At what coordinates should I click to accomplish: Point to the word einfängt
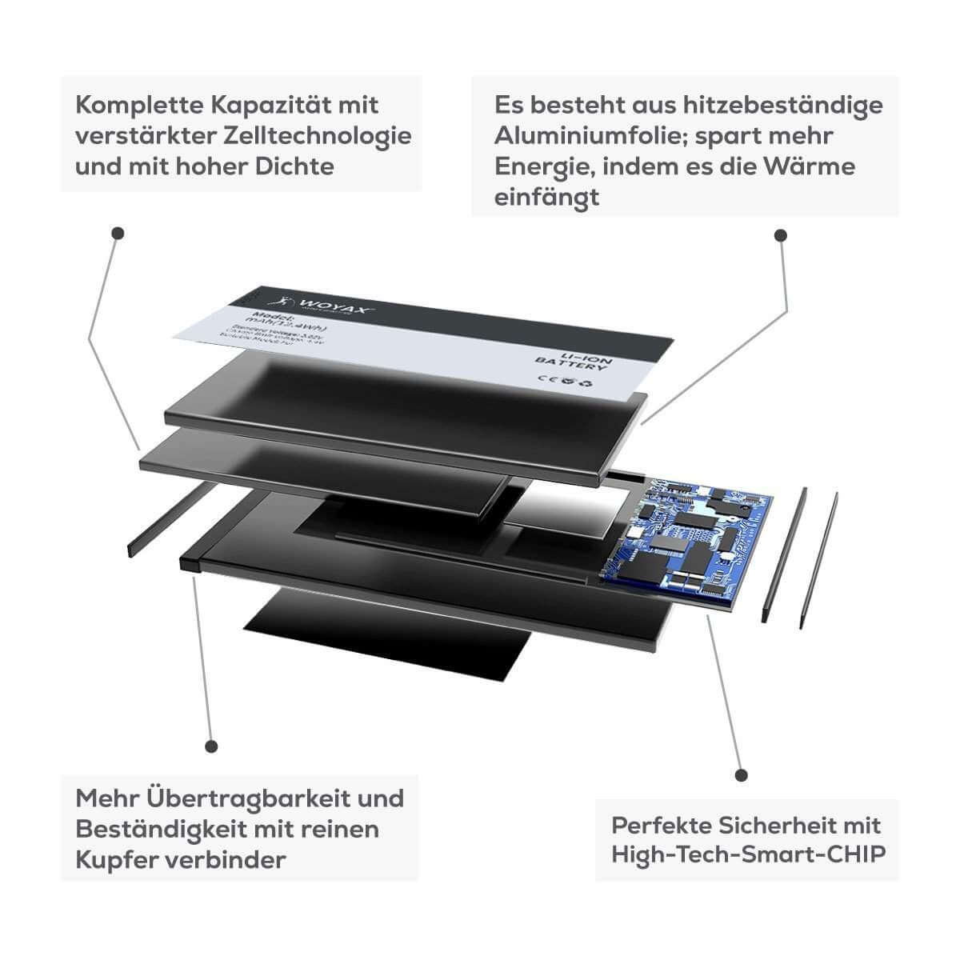click(x=546, y=198)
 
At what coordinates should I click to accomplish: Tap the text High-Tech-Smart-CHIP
click(x=749, y=854)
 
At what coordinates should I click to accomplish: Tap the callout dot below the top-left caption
click(x=118, y=234)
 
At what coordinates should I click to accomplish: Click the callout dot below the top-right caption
click(x=781, y=235)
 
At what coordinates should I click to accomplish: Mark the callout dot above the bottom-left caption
click(x=211, y=746)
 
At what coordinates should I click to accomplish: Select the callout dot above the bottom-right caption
click(x=742, y=775)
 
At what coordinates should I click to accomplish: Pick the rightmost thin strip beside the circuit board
click(x=818, y=560)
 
